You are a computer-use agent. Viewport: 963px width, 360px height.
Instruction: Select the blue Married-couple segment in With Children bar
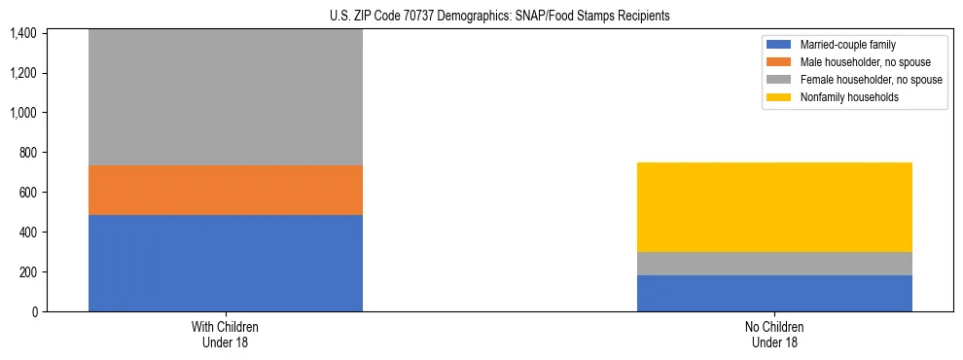tap(226, 263)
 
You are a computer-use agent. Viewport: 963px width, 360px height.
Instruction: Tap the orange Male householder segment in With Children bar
tap(226, 190)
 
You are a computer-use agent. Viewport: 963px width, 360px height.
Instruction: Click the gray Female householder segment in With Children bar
tap(226, 97)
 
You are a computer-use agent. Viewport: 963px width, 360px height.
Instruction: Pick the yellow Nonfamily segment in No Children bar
tap(774, 207)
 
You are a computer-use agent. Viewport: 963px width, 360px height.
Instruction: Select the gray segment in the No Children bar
tap(774, 264)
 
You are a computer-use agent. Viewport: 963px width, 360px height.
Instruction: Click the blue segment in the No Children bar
tap(774, 293)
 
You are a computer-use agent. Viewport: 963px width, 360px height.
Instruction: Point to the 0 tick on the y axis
tap(33, 312)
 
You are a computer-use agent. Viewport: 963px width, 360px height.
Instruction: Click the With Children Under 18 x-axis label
tap(226, 334)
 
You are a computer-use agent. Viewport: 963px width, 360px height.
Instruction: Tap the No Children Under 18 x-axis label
tap(774, 334)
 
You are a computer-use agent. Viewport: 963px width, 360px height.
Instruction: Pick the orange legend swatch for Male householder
tap(779, 62)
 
